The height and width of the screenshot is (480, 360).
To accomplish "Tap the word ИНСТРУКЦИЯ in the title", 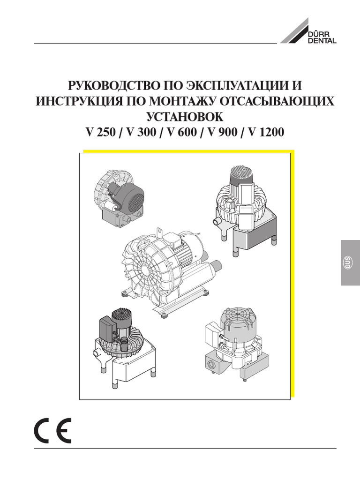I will [75, 102].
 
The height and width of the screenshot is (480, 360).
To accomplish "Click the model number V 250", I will [101, 132].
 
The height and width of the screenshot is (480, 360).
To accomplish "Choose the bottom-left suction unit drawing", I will [124, 347].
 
